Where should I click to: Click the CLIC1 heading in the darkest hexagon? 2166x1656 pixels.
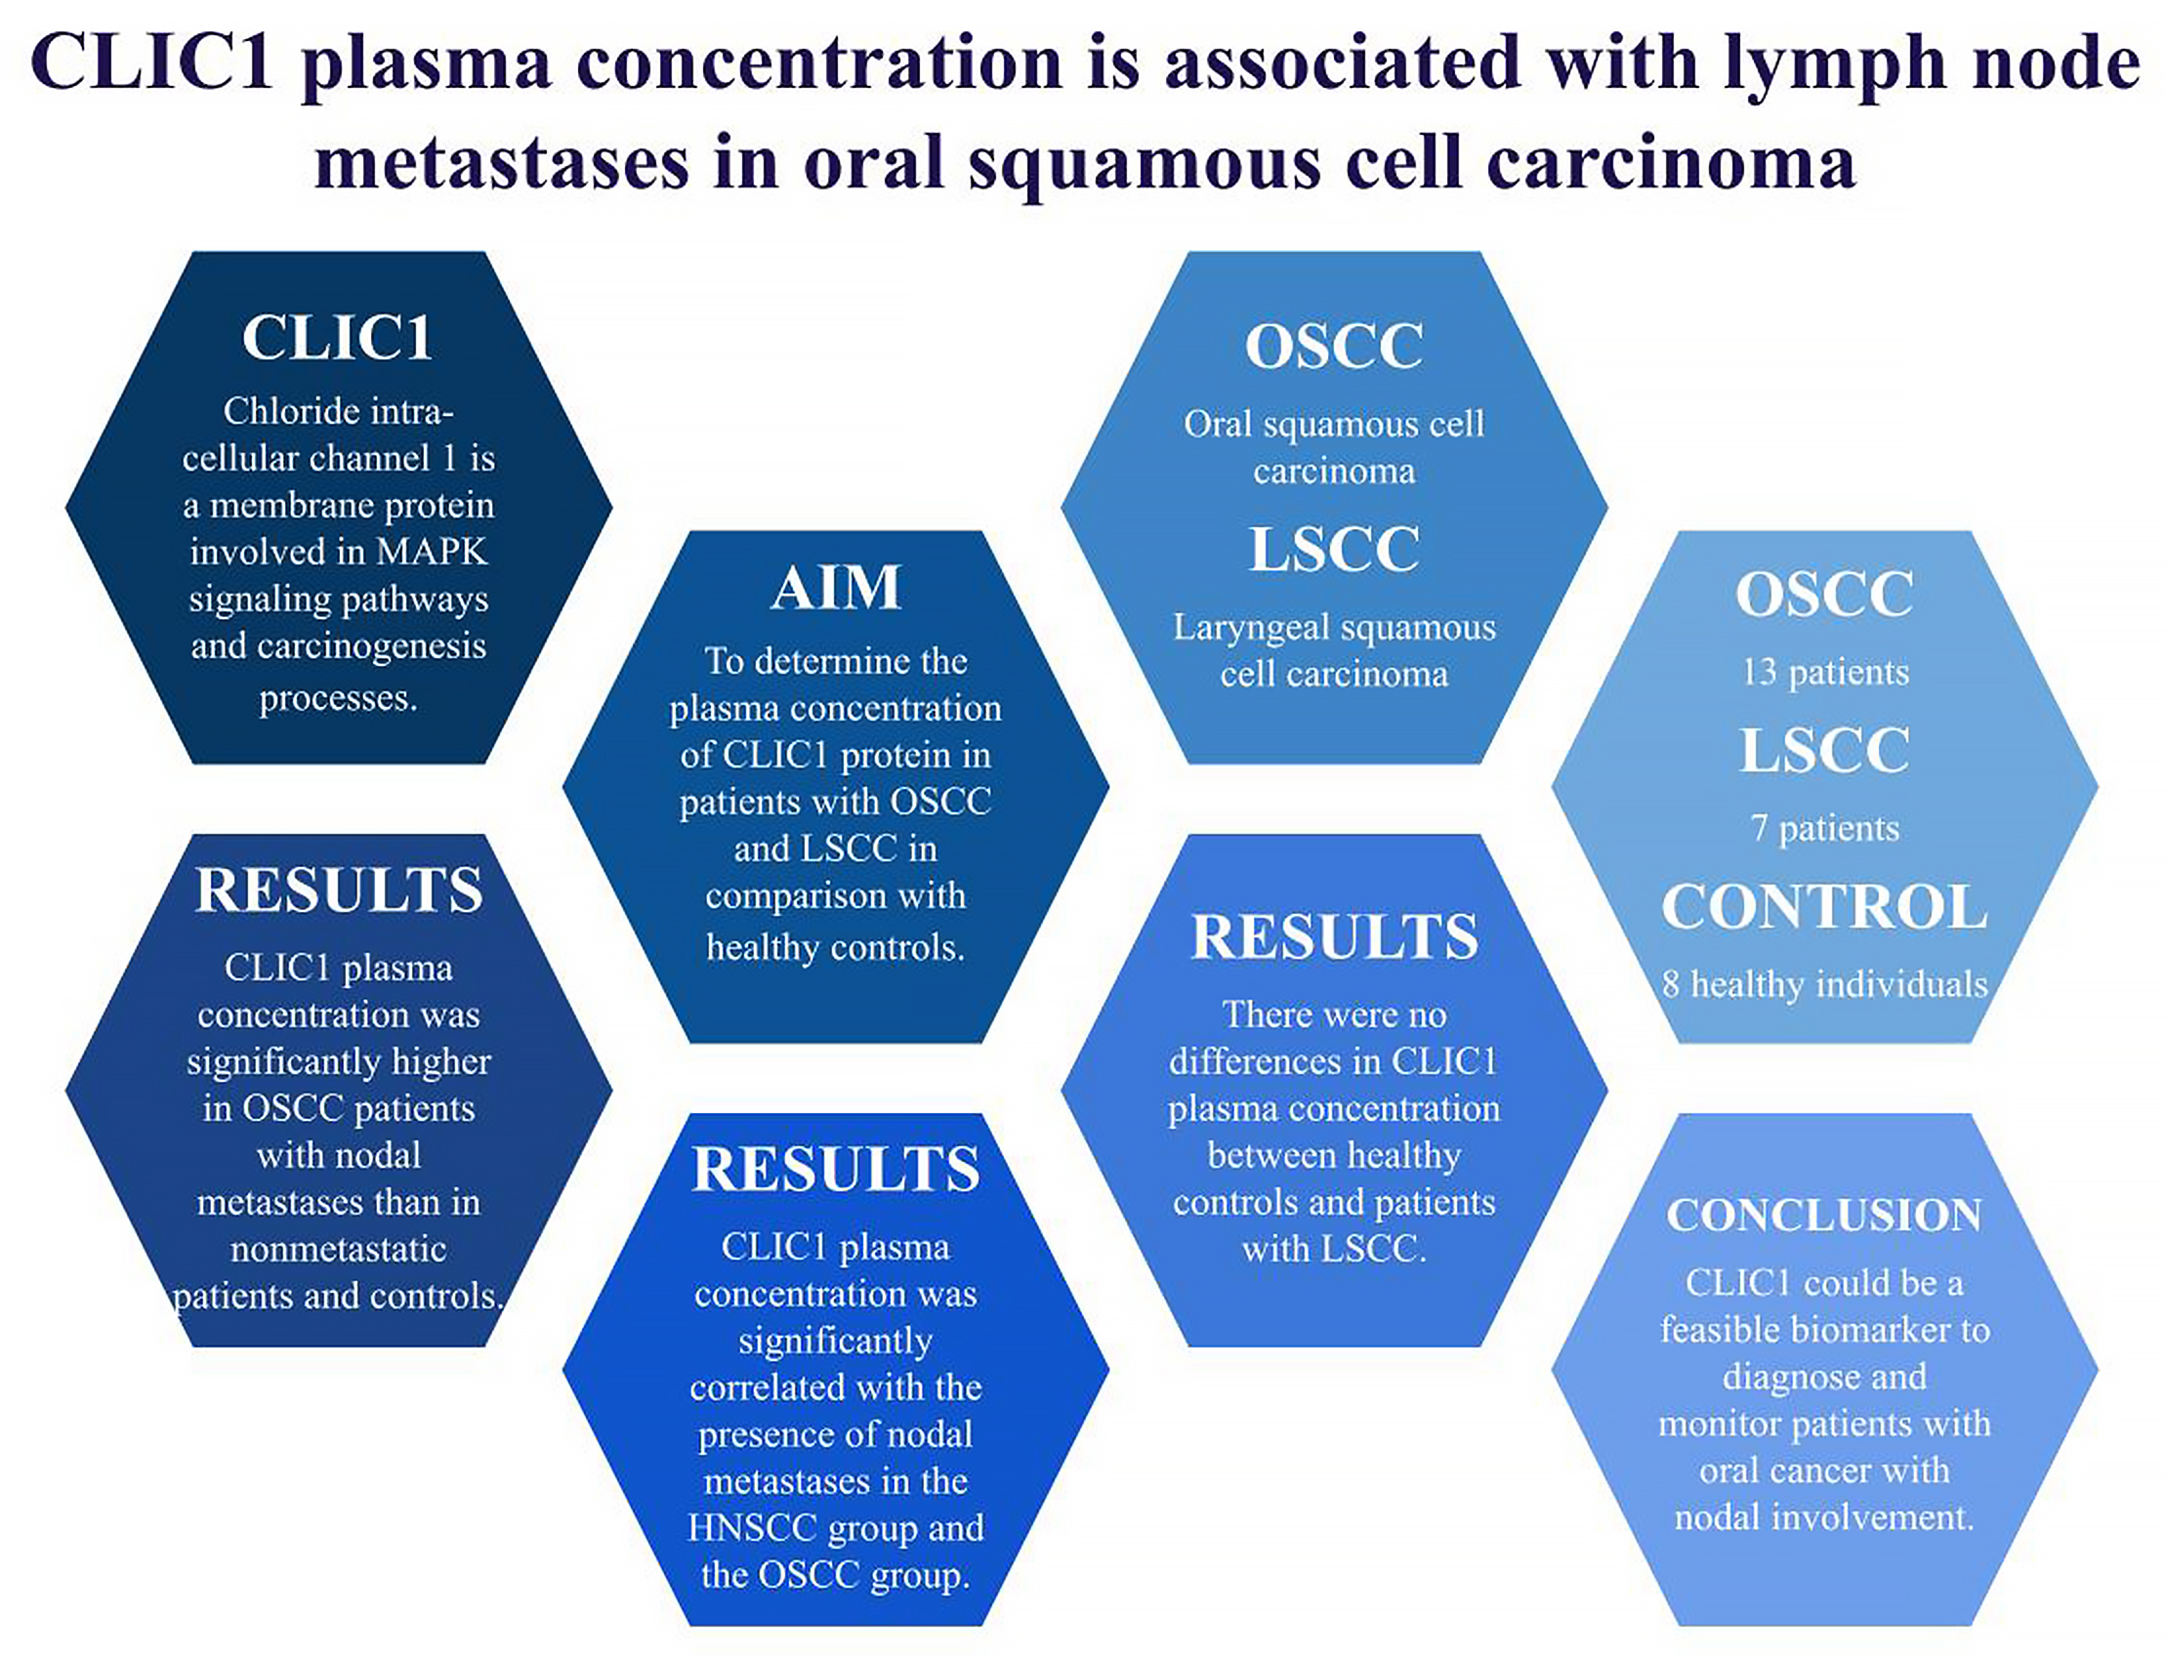337,338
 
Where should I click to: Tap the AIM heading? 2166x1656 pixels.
835,589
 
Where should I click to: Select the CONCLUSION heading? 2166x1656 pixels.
1824,1215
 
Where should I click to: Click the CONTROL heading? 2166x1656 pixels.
1824,906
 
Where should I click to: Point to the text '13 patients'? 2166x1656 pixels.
1825,672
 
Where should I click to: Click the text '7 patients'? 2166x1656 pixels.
1825,828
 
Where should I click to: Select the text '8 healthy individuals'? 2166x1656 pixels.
1825,984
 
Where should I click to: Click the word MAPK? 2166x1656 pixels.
432,552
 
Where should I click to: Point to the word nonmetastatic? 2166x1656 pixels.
338,1249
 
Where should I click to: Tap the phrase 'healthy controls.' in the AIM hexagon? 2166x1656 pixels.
835,947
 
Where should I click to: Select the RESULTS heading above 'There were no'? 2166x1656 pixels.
1334,936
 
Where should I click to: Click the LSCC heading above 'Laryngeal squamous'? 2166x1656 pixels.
1334,549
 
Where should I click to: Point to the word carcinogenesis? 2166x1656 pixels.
372,646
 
